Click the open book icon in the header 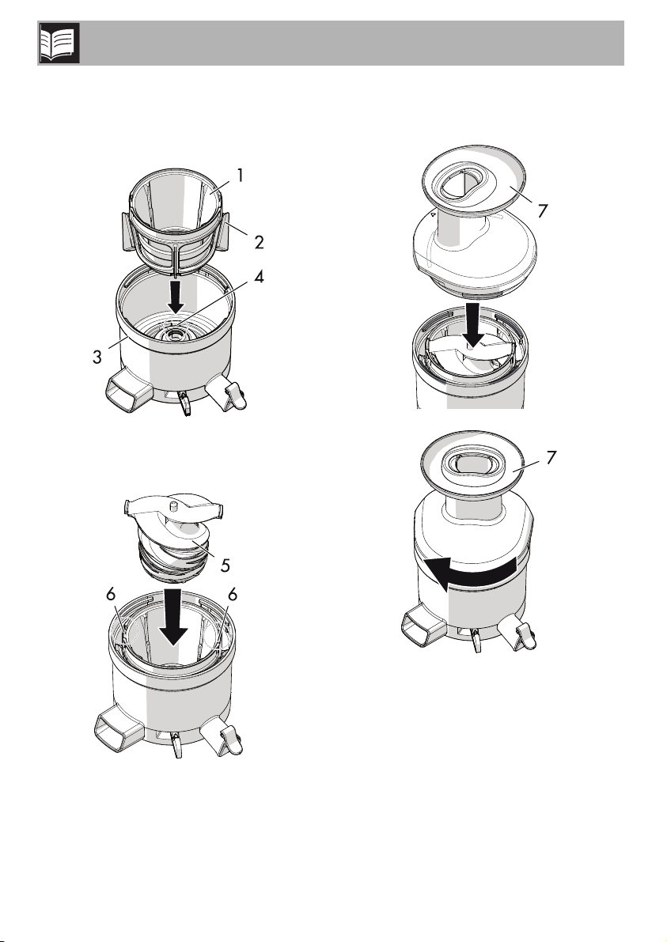coord(59,44)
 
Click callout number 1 coord(240,176)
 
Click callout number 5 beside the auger coord(225,565)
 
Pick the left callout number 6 coord(111,594)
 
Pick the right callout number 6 coord(233,594)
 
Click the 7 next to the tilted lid coord(543,211)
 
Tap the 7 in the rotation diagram coord(551,458)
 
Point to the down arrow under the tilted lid coord(472,325)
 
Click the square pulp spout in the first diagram coord(126,395)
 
